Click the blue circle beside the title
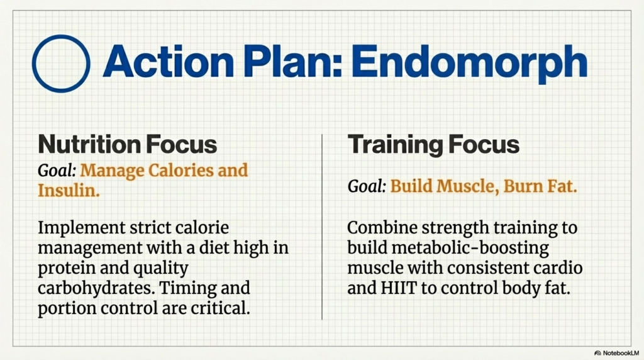60,64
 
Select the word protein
67,268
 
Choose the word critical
220,308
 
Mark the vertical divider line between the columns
322,227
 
